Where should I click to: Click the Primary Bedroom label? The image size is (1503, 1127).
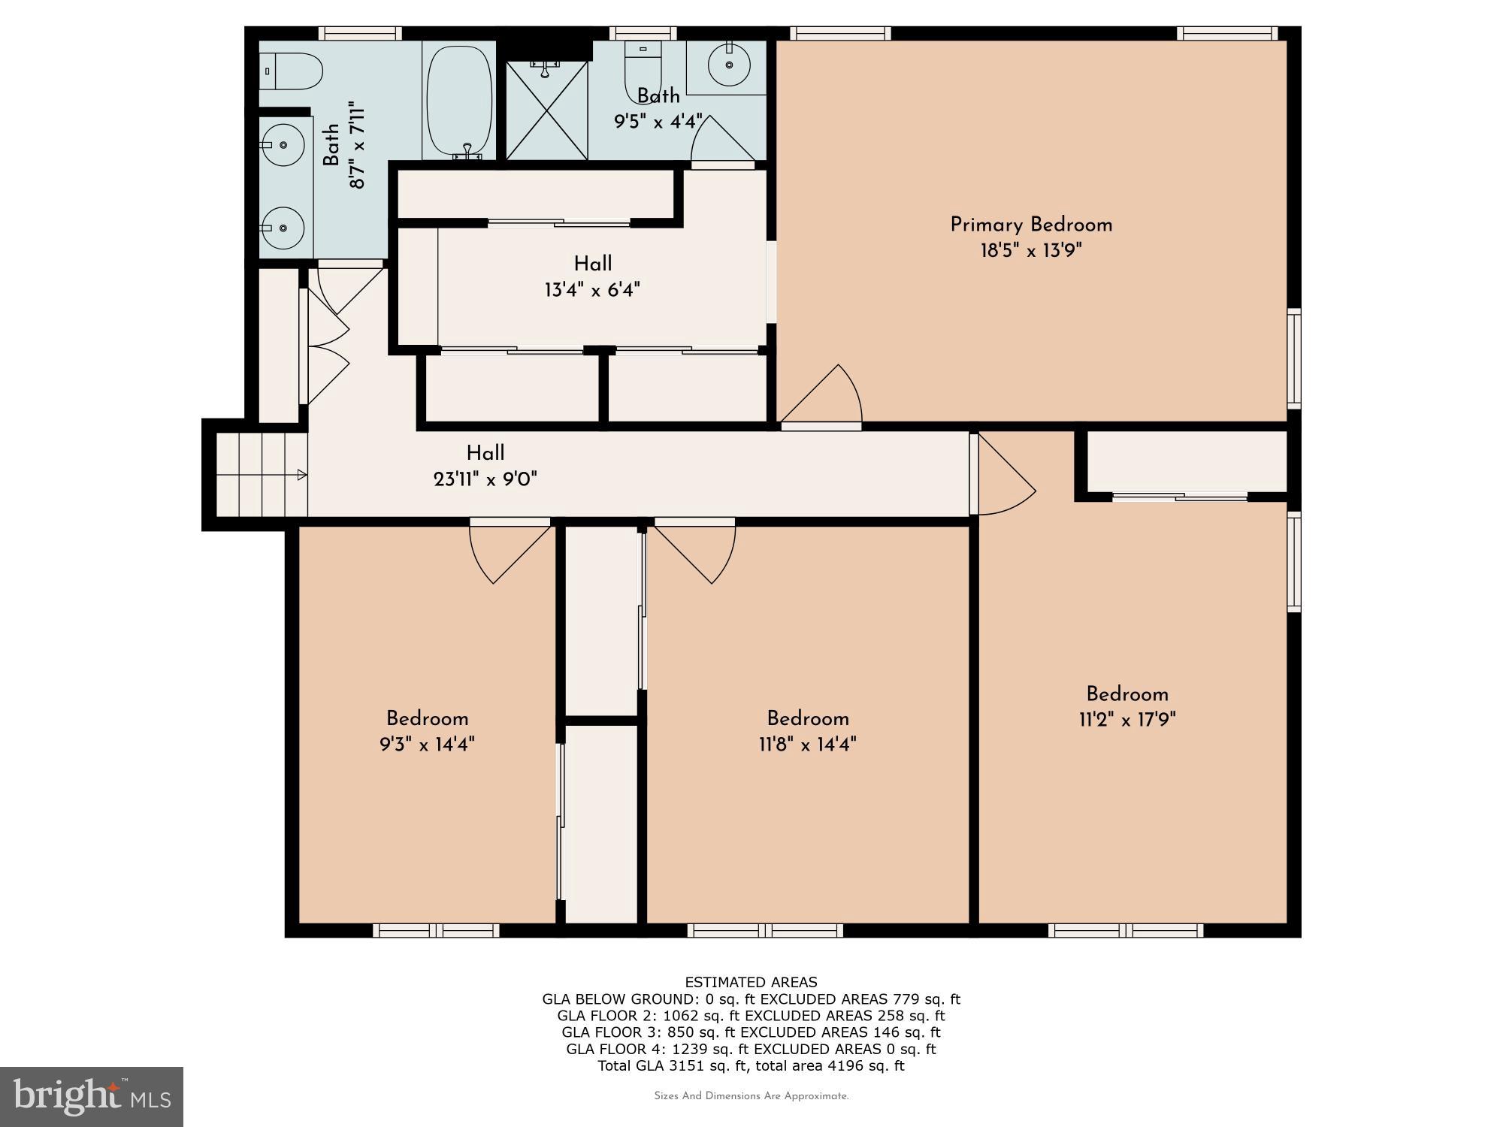click(x=1030, y=225)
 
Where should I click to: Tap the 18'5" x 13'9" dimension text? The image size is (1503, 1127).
click(x=1030, y=250)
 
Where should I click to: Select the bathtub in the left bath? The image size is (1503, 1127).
click(x=459, y=101)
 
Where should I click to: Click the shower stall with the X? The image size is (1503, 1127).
click(x=546, y=111)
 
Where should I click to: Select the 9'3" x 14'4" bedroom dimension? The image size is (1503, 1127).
click(x=427, y=745)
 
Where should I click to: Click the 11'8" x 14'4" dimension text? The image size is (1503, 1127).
click(x=808, y=745)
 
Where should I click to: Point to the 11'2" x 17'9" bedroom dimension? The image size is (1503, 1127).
click(x=1126, y=720)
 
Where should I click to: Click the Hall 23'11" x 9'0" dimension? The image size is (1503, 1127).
click(x=485, y=479)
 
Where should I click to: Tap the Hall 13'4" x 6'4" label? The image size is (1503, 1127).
click(x=592, y=264)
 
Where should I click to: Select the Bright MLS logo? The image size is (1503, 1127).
click(x=91, y=1096)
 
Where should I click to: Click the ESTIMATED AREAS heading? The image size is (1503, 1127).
click(x=751, y=982)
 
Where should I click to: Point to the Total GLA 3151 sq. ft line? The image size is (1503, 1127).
click(x=751, y=1065)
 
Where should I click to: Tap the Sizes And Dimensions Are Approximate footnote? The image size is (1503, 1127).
click(x=751, y=1096)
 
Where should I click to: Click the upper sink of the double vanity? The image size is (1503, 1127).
click(x=284, y=145)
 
